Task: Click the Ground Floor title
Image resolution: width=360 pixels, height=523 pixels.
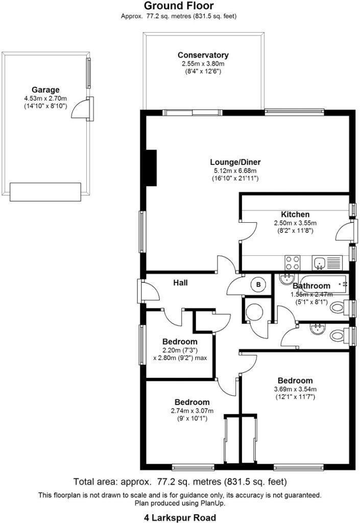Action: coord(179,6)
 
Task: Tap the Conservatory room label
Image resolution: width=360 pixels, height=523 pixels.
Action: coord(203,55)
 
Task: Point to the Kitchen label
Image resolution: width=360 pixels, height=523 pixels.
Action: coord(295,215)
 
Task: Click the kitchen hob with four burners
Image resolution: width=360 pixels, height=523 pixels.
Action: coord(293,263)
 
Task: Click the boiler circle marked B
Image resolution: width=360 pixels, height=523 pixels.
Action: coord(258,284)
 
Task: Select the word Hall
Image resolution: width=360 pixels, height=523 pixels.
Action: coord(180,282)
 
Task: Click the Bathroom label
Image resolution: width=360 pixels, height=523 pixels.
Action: coord(311,286)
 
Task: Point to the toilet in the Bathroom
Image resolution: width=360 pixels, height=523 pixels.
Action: coord(338,308)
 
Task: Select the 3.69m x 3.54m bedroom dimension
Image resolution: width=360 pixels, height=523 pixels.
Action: coord(295,389)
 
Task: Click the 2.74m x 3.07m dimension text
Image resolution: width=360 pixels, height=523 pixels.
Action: coord(191,411)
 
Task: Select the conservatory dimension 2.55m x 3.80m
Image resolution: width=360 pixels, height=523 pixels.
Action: coord(203,63)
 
